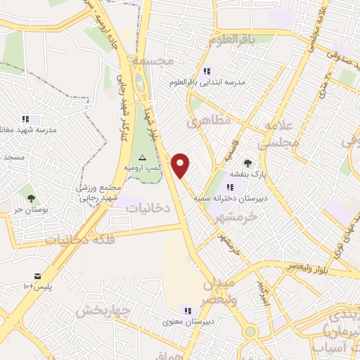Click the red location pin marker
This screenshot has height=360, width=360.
point(181,165)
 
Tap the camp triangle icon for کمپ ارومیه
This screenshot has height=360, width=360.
point(143,157)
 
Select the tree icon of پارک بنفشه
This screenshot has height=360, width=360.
point(247,163)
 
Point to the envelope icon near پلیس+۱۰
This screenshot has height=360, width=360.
point(37,274)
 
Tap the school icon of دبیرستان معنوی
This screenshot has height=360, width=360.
point(187,309)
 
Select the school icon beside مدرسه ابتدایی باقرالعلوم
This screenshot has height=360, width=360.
point(207,71)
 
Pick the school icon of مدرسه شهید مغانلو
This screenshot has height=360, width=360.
point(26,119)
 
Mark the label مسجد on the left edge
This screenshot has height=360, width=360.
point(13,157)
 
